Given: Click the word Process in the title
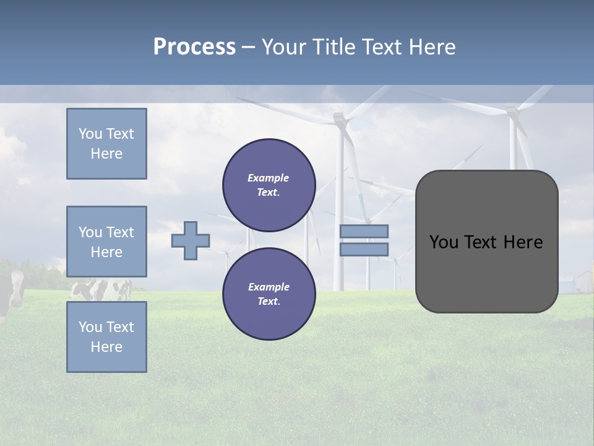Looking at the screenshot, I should (194, 47).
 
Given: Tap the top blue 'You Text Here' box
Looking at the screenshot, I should (106, 144).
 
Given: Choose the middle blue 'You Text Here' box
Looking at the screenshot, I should (106, 242).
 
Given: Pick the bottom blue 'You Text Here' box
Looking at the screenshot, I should (106, 337).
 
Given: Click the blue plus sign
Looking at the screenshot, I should (191, 240).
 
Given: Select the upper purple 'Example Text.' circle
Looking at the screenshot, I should (269, 185).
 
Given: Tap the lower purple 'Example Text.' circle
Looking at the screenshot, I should (269, 294).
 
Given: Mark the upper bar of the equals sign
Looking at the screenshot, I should (364, 231).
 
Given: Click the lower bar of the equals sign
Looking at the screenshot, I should (364, 250).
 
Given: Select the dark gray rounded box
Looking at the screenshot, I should (486, 273).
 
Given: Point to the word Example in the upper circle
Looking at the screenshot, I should (269, 178).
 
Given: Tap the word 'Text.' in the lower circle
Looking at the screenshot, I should (269, 302).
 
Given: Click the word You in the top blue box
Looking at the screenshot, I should (90, 134).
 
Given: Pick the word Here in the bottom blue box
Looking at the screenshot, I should (106, 347).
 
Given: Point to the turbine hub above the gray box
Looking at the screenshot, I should (511, 111).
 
